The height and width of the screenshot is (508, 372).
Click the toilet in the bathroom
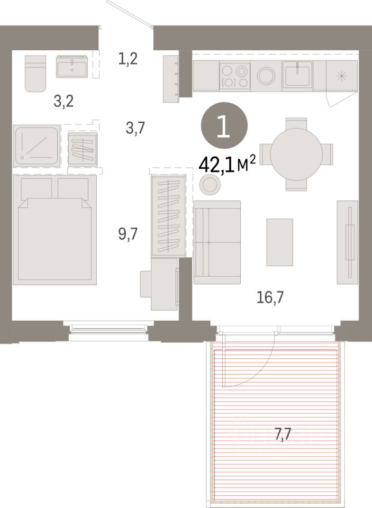pyautogui.click(x=35, y=74)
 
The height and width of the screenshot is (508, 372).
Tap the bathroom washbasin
pyautogui.click(x=72, y=67)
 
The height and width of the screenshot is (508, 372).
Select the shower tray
pyautogui.click(x=37, y=146)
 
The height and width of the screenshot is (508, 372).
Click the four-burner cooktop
pyautogui.click(x=235, y=76)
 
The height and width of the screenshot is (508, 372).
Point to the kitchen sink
pyautogui.click(x=297, y=75)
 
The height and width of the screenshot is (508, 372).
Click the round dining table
pyautogui.click(x=296, y=154)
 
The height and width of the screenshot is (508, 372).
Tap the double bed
pyautogui.click(x=55, y=230)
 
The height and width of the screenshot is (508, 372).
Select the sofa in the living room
pyautogui.click(x=217, y=242)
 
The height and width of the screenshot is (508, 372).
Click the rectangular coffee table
pyautogui.click(x=279, y=242)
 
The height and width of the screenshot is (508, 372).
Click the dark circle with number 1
pyautogui.click(x=224, y=125)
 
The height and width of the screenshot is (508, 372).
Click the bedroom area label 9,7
pyautogui.click(x=128, y=234)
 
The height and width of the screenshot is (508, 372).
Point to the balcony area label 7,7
pyautogui.click(x=283, y=434)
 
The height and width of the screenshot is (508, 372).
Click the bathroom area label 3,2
pyautogui.click(x=64, y=102)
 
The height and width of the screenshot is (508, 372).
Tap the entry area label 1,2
pyautogui.click(x=128, y=59)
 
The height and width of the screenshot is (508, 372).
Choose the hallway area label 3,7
pyautogui.click(x=135, y=128)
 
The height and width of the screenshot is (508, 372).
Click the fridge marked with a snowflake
pyautogui.click(x=341, y=76)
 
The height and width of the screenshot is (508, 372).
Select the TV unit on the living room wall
pyautogui.click(x=347, y=242)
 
